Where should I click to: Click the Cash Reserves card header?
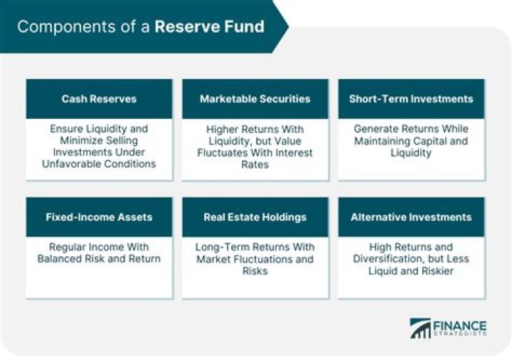(x=98, y=99)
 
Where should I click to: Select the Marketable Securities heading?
(x=255, y=99)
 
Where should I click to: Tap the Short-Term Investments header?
(x=411, y=99)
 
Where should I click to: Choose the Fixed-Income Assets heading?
(x=98, y=217)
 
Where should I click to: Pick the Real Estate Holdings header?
(x=255, y=217)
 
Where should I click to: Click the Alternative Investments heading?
(x=411, y=217)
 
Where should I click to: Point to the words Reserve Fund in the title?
(x=209, y=27)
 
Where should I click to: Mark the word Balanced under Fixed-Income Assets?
(x=60, y=259)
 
